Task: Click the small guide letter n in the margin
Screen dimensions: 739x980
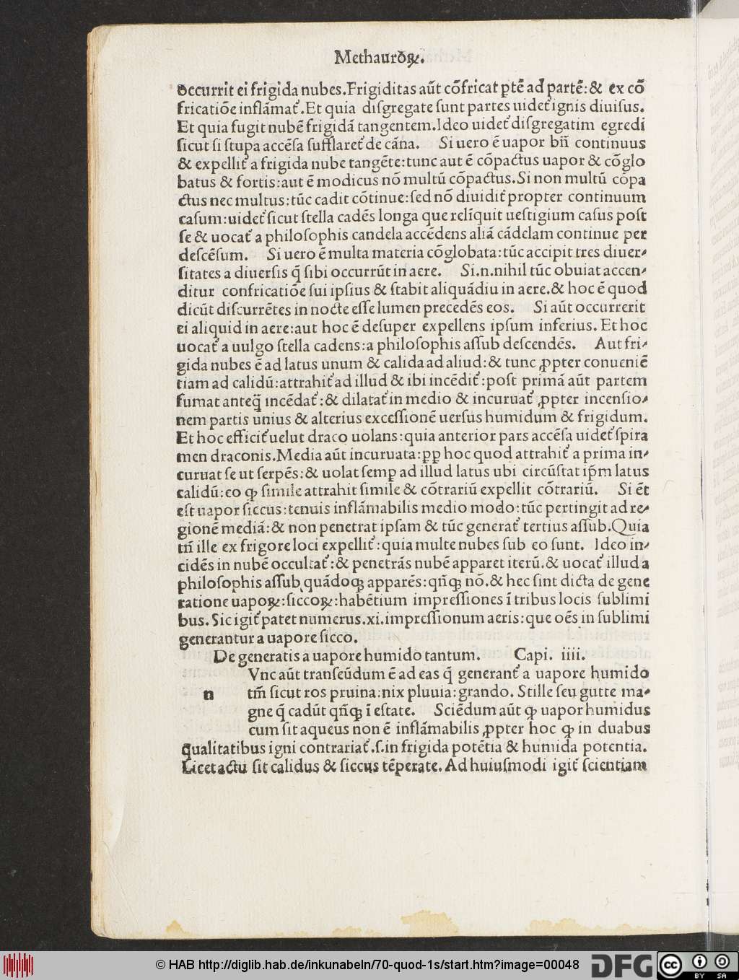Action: [x=209, y=694]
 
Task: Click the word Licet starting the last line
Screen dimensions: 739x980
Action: [x=197, y=767]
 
